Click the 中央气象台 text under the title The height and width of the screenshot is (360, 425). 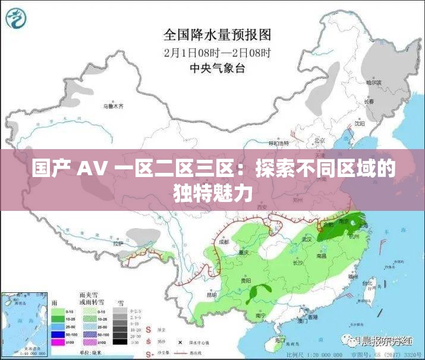[217, 67]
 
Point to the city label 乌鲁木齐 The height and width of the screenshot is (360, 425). [112, 106]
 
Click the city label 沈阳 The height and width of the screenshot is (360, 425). [359, 124]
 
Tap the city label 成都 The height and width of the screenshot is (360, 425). [223, 242]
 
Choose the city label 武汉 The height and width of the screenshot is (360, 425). [307, 239]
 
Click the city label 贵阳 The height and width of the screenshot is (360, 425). [245, 280]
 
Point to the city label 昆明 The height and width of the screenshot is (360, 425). [212, 294]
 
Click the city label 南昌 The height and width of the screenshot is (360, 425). [322, 256]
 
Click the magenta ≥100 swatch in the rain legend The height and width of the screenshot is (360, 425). [57, 342]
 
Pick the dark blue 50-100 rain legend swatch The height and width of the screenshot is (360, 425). [57, 334]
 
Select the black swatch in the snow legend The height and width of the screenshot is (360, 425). [121, 342]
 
